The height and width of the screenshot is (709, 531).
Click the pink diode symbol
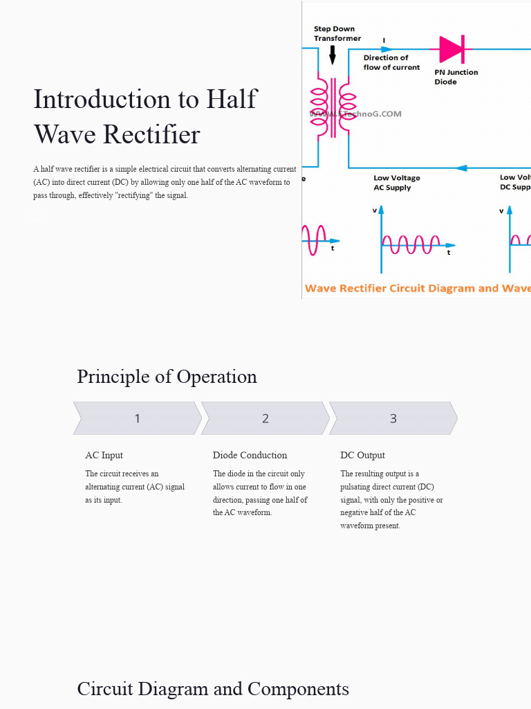click(x=451, y=49)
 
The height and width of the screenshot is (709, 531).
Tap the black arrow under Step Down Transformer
click(x=333, y=55)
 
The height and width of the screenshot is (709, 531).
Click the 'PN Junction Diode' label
click(x=456, y=77)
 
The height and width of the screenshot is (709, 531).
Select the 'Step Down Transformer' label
click(x=337, y=33)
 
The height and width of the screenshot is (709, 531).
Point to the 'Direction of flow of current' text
click(x=391, y=62)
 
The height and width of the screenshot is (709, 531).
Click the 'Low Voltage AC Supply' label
click(x=396, y=183)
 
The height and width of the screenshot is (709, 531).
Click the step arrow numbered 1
click(x=137, y=418)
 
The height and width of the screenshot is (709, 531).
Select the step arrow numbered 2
click(x=265, y=418)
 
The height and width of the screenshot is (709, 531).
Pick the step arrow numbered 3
click(x=393, y=418)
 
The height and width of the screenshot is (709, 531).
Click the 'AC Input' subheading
click(x=104, y=455)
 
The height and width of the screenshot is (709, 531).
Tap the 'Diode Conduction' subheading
click(x=250, y=455)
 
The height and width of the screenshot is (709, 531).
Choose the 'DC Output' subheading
click(x=362, y=455)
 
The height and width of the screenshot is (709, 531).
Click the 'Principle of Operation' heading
click(x=167, y=377)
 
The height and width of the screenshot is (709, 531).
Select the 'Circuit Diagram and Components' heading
click(x=213, y=689)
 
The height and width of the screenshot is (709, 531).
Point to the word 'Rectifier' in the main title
click(x=152, y=134)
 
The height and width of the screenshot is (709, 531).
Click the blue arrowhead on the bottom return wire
click(x=461, y=168)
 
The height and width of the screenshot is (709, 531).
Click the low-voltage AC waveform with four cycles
click(x=411, y=244)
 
